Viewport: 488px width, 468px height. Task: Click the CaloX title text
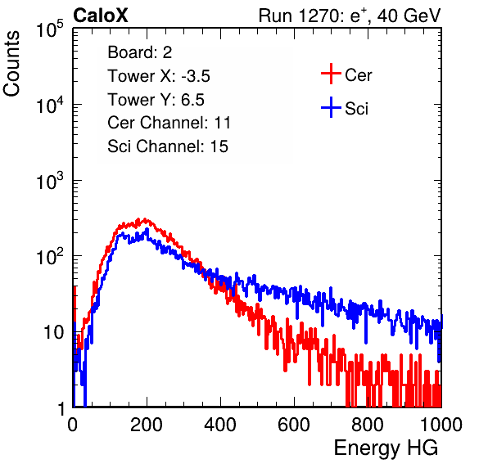[100, 16]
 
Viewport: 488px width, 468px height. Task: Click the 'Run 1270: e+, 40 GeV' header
[350, 16]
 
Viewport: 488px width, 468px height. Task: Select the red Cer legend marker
[331, 74]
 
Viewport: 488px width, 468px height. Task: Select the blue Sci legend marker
[331, 107]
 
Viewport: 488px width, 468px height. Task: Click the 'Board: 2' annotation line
[140, 52]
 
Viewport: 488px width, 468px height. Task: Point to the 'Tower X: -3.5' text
[159, 76]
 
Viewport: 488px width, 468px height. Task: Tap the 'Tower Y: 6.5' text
[156, 100]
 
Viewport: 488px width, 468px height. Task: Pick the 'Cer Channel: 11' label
[169, 123]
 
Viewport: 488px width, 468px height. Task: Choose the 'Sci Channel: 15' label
[168, 146]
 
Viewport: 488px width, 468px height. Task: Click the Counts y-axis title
[11, 64]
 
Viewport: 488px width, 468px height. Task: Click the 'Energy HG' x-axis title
[386, 448]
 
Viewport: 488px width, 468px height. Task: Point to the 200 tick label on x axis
[147, 425]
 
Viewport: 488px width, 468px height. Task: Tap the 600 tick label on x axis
[294, 425]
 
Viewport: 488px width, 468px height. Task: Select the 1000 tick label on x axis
[441, 425]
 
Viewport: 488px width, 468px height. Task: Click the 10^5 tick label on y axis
[50, 29]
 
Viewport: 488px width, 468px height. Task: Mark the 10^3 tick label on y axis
[50, 182]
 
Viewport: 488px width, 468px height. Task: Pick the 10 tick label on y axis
[53, 332]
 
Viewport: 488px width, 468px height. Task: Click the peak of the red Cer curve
[144, 219]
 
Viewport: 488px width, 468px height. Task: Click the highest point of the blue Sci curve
[147, 229]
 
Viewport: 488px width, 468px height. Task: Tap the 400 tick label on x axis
[220, 425]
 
